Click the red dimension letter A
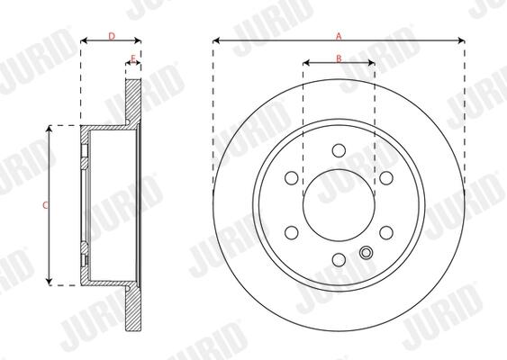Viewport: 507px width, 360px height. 339,36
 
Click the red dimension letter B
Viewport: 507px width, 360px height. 339,58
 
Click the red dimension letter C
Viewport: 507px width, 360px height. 46,205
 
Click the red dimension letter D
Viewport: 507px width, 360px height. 112,36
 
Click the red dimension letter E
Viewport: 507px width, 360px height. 133,58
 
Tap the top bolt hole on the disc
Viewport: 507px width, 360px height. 339,150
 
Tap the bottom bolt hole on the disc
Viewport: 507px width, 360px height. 339,260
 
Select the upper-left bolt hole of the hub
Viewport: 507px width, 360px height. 292,177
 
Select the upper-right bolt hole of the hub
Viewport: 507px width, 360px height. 386,177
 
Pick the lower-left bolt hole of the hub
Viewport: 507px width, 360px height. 292,233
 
